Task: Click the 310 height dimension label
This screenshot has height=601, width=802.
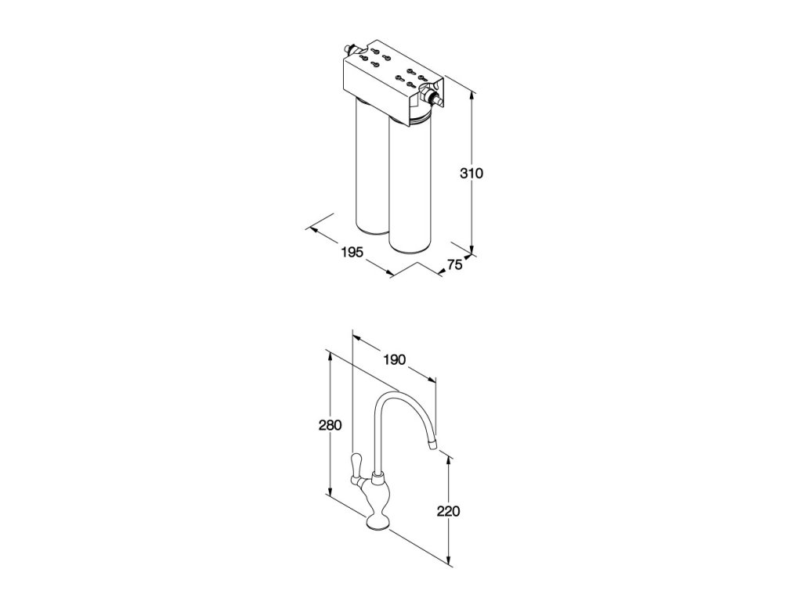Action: pyautogui.click(x=471, y=173)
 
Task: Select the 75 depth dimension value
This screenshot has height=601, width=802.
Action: pyautogui.click(x=454, y=265)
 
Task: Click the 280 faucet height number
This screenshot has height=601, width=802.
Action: pyautogui.click(x=330, y=425)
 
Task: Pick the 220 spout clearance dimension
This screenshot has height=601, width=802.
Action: pyautogui.click(x=448, y=511)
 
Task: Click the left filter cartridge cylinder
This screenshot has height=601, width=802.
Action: pyautogui.click(x=370, y=168)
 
